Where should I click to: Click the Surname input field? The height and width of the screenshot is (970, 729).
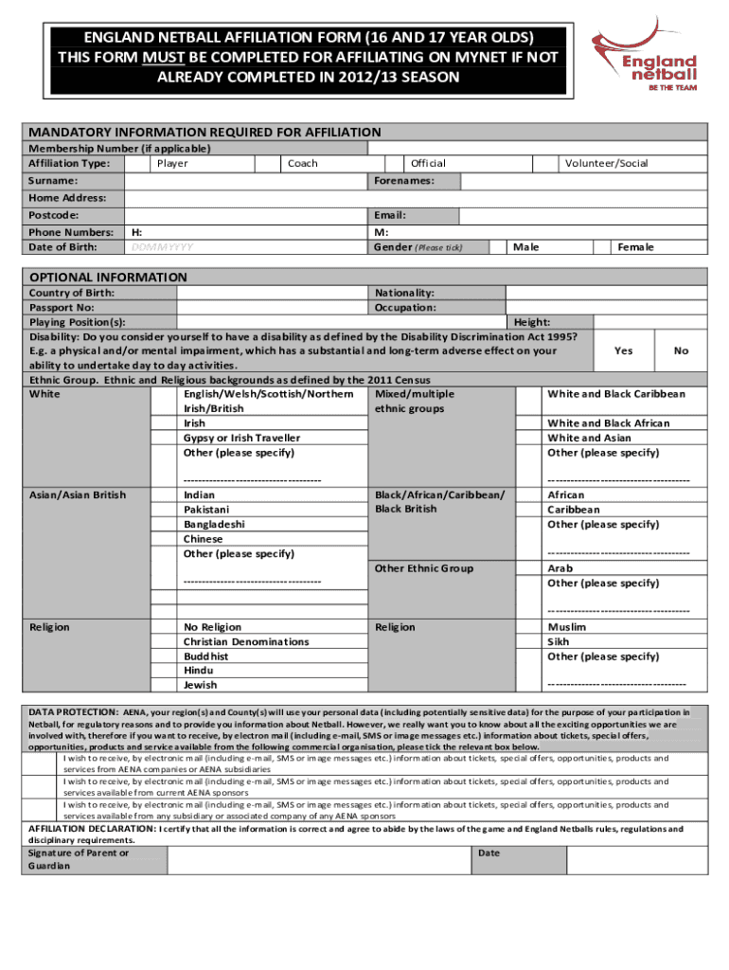pos(246,180)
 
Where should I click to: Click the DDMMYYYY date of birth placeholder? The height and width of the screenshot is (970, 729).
pos(160,247)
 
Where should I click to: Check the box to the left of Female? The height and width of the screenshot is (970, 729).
pos(600,247)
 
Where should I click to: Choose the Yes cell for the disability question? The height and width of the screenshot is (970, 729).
pos(623,350)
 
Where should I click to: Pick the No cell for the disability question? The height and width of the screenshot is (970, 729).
pos(681,350)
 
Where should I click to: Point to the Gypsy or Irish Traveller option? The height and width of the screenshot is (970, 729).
pos(241,439)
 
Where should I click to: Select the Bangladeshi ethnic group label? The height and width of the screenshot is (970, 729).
pos(213,524)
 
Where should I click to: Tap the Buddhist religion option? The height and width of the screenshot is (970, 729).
pos(205,656)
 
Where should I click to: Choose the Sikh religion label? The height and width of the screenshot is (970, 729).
pos(558,642)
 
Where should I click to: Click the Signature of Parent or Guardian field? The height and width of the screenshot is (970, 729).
pos(319,859)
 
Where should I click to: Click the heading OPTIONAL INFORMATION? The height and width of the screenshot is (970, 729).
pos(108,278)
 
